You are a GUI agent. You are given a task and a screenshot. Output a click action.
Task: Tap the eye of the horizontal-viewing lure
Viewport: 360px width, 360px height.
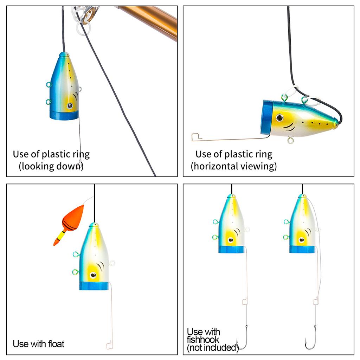tap(279, 117)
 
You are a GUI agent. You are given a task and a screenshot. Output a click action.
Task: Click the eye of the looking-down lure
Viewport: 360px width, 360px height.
tap(70, 106)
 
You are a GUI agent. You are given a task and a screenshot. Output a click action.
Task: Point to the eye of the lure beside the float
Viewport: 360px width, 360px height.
tap(93, 275)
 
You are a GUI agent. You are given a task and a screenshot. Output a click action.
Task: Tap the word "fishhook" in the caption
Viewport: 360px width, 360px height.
tap(203, 340)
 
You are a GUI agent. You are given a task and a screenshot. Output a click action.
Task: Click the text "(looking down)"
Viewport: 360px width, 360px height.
tap(51, 166)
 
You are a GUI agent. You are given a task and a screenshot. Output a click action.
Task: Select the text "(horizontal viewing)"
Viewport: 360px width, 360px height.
tap(234, 166)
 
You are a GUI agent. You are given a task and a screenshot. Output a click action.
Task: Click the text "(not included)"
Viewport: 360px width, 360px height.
tap(213, 348)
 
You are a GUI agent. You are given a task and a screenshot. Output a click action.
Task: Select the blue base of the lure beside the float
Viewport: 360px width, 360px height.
tap(94, 286)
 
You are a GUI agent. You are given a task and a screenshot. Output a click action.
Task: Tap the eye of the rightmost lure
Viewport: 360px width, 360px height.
tap(301, 240)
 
